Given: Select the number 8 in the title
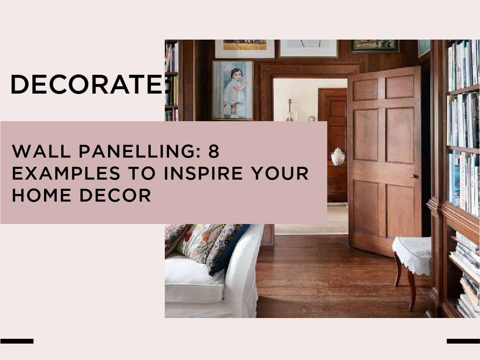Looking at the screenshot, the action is pos(214,151).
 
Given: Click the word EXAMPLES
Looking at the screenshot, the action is pos(66,173).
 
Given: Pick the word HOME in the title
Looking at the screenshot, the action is pos(42,195).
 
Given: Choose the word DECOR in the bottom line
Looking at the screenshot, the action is pos(116,195).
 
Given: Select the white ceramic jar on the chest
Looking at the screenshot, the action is pos(338,156).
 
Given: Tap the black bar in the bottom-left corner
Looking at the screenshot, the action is pos(17,341).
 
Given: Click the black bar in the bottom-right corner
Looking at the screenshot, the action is pos(463,341).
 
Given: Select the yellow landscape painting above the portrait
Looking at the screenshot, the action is pos(245,45).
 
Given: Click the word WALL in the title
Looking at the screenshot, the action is pos(41,151).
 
